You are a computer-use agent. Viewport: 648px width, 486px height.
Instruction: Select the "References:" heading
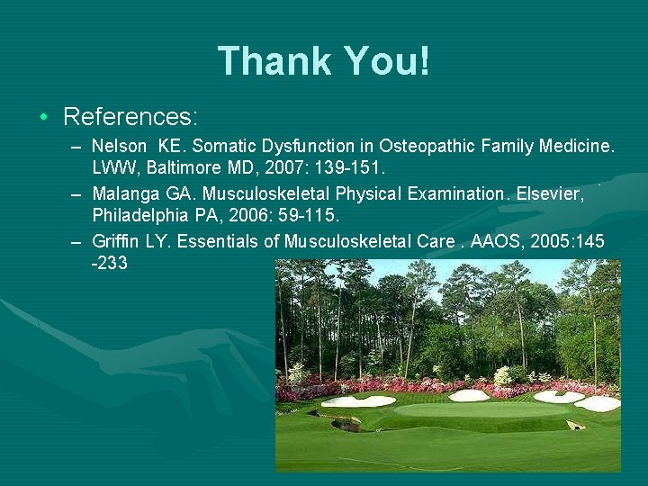pos(130,117)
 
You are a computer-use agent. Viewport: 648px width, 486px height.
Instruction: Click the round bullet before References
pos(43,118)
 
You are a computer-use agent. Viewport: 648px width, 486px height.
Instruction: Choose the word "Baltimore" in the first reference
pos(170,169)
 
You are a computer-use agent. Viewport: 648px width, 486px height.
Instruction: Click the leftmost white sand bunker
pos(358,401)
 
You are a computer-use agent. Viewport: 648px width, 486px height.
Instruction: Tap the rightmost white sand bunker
pos(597,403)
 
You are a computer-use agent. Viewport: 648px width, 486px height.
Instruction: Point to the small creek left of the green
pos(346,425)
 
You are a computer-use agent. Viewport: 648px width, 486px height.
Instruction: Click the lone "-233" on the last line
pos(110,263)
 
